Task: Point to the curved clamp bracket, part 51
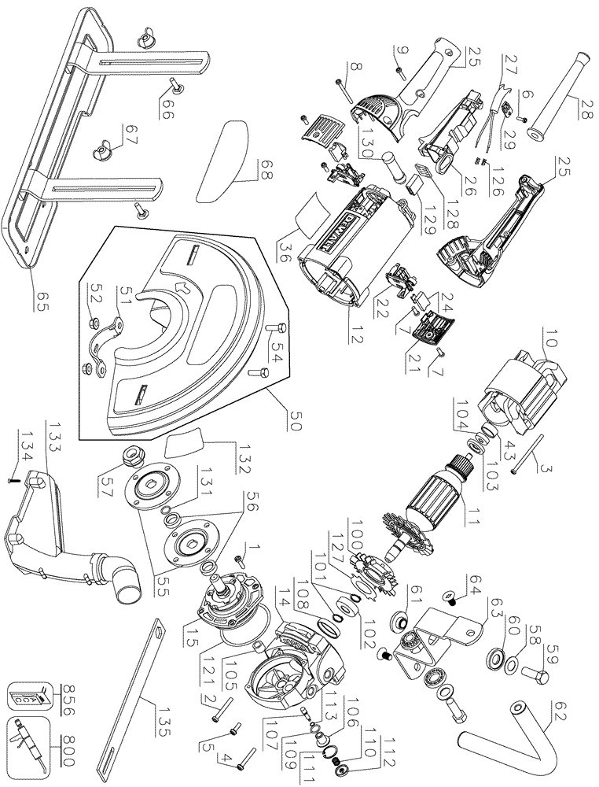(116, 343)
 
